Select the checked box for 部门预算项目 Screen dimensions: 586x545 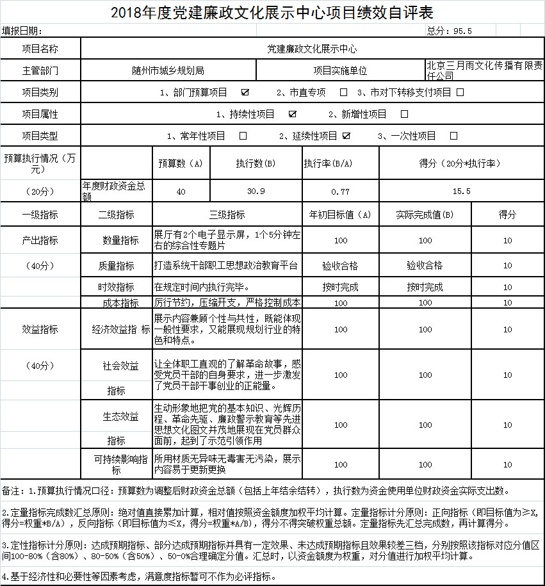tap(245, 92)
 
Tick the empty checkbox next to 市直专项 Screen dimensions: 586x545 tap(344, 92)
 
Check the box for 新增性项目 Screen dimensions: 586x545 tap(404, 114)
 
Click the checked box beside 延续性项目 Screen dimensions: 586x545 tap(346, 136)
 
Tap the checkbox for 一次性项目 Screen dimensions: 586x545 tap(454, 136)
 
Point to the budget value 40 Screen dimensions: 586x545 tap(181, 191)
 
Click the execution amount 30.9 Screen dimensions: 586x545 tap(256, 191)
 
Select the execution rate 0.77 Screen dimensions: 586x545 tap(340, 191)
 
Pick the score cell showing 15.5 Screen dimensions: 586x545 tap(461, 191)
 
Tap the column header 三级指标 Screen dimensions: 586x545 tap(227, 215)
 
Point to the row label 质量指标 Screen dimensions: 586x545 tap(116, 266)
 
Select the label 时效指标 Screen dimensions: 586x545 tap(116, 287)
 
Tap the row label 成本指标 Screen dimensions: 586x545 tap(120, 302)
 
